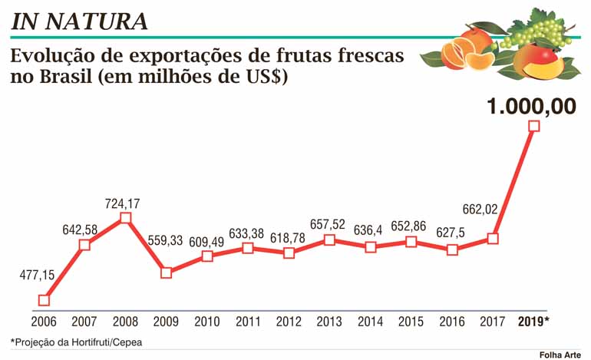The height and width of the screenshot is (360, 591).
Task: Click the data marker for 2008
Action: click(125, 218)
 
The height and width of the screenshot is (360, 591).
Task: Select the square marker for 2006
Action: click(44, 300)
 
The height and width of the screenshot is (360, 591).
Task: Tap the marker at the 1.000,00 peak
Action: click(534, 126)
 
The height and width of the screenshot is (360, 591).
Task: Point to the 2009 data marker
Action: click(166, 272)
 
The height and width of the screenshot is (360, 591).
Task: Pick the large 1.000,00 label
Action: click(531, 106)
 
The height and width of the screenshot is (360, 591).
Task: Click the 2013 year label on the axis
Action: click(329, 322)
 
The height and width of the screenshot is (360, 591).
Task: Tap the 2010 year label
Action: click(207, 322)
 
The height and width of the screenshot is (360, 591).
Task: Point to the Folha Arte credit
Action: click(558, 353)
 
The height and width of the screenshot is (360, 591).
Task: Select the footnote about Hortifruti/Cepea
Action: click(77, 342)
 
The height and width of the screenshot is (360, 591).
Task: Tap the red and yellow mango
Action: click(537, 61)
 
